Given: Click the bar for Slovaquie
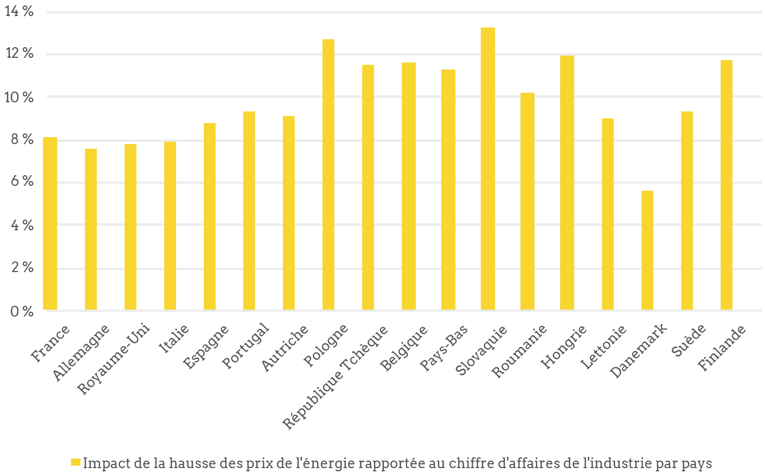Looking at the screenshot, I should click(488, 169).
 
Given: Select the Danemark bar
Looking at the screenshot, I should click(647, 250).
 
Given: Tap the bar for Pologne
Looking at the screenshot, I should click(328, 175).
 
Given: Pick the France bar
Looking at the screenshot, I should click(50, 223).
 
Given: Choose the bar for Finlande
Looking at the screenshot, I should click(726, 185).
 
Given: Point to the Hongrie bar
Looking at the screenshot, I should click(567, 183).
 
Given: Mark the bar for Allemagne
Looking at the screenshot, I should click(90, 229).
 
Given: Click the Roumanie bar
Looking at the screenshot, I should click(527, 201).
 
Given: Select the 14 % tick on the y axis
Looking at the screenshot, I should click(19, 11).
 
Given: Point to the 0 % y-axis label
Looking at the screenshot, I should click(21, 311).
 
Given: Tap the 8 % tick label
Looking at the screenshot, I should click(21, 140).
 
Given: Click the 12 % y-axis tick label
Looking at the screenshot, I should click(19, 54).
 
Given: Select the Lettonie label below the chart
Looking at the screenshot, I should click(603, 347).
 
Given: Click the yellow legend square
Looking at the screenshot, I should click(76, 462).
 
